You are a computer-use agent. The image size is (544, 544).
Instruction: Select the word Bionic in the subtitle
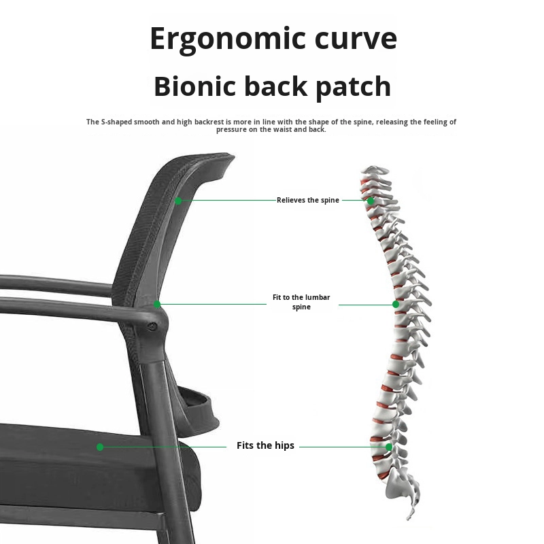coord(195,87)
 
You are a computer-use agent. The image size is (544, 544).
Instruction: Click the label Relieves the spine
coord(307,201)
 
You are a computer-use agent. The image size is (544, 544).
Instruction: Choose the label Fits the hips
coord(265,445)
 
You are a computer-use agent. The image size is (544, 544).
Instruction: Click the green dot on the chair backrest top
coord(178,201)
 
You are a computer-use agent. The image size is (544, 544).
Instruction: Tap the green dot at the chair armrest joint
coord(157,305)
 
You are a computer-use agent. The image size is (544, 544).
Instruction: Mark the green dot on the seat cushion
coord(100,447)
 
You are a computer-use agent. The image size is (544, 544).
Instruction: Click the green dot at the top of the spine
coord(371,201)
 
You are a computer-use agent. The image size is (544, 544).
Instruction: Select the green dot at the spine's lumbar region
coord(396,304)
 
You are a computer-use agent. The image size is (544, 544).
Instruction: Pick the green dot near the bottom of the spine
coord(389,447)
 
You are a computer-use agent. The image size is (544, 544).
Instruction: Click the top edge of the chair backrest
coord(197,158)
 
